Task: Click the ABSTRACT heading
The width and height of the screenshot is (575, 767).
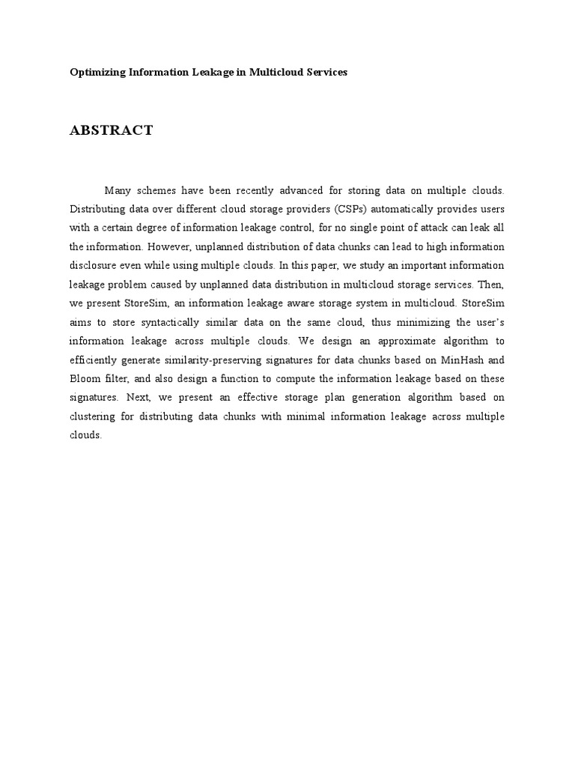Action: click(112, 130)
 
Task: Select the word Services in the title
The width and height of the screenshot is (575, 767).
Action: click(326, 73)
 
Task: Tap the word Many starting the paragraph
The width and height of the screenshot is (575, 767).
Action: click(120, 190)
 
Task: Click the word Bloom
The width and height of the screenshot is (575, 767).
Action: click(84, 378)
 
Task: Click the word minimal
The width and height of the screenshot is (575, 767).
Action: click(303, 416)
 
